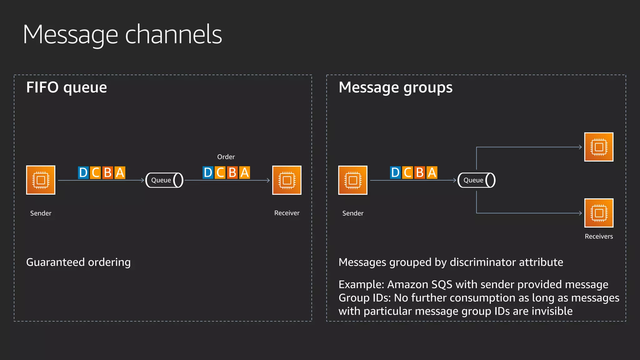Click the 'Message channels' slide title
coord(122,35)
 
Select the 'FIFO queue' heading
coord(67,87)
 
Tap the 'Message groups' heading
coord(395,87)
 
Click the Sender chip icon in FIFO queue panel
coord(41,180)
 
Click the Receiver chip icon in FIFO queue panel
coord(287,180)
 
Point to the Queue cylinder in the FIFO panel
coord(164,180)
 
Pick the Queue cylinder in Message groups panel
coord(476,180)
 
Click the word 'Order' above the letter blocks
coord(226,157)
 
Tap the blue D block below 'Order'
coord(208,172)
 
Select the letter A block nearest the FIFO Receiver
coord(244,172)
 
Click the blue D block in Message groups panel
coord(395,172)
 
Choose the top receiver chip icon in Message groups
coord(599,147)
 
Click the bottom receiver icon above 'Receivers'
coord(599,213)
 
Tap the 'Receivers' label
coord(599,237)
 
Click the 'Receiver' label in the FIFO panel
coord(287,213)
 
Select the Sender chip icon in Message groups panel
coord(352,180)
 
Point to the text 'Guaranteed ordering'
coord(78,262)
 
